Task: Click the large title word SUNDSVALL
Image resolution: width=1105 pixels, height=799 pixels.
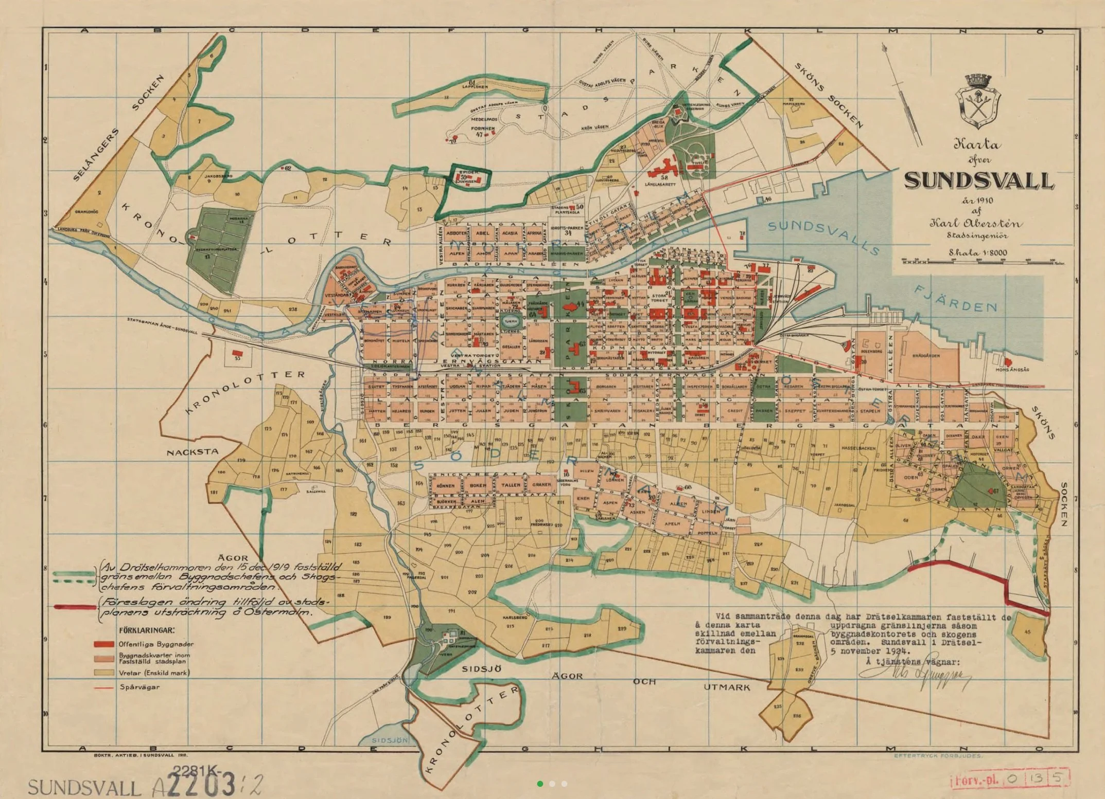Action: click(979, 180)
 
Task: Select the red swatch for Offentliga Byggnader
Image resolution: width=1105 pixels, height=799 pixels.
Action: click(103, 644)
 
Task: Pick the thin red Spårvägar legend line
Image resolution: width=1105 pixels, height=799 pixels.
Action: click(103, 687)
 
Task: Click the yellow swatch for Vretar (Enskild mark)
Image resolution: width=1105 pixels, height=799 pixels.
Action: click(103, 673)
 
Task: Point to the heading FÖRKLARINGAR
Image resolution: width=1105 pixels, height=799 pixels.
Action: click(146, 630)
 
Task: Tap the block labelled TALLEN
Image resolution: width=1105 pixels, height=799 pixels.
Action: click(511, 485)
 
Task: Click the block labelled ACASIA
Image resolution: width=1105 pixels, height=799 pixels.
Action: click(510, 233)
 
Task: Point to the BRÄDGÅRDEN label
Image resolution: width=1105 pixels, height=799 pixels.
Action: click(925, 355)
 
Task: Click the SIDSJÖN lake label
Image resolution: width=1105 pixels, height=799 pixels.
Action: click(390, 740)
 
